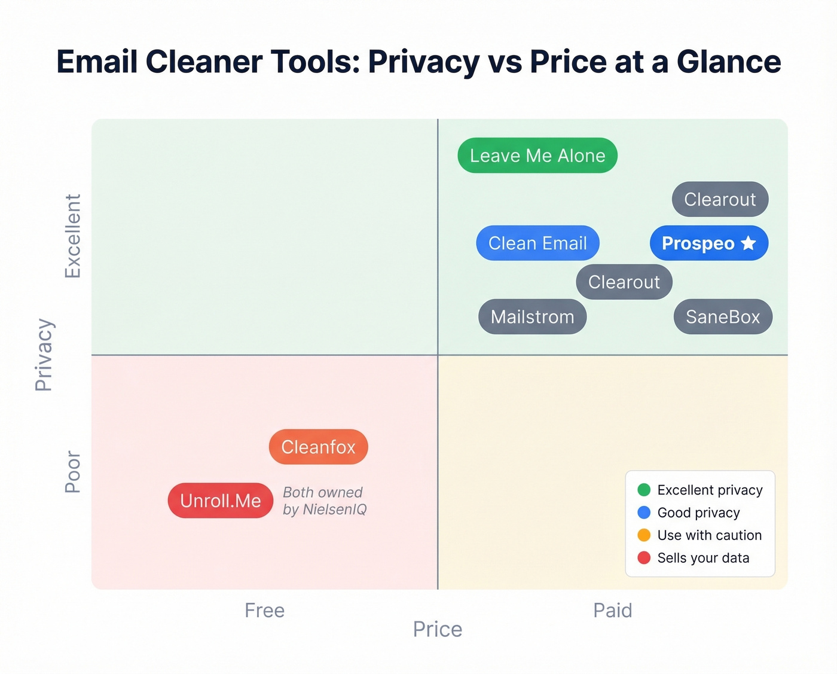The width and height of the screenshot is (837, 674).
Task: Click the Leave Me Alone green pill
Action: tap(537, 155)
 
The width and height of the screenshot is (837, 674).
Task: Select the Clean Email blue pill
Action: tap(537, 243)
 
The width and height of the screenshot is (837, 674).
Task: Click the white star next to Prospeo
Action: tap(748, 243)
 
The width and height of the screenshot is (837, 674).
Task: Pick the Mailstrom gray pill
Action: tap(532, 316)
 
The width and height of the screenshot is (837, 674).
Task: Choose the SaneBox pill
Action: tap(722, 316)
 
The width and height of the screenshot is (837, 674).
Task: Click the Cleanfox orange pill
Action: tap(318, 447)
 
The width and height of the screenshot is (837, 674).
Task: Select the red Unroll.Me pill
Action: tap(220, 501)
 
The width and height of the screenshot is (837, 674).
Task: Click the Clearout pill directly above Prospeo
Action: tap(720, 199)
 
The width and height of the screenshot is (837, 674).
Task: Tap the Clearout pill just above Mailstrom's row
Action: tap(624, 282)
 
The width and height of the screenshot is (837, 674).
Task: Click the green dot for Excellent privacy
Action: tap(644, 490)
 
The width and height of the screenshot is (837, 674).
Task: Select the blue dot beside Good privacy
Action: tap(644, 513)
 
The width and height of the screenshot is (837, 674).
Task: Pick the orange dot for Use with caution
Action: tap(644, 535)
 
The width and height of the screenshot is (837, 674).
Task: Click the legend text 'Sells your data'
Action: tap(703, 558)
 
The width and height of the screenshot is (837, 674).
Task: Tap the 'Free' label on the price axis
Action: tap(264, 610)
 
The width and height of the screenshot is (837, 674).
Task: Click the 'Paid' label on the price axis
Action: tap(612, 610)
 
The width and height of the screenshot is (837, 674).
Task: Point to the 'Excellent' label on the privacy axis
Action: tap(72, 236)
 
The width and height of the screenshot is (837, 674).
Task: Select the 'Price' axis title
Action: tap(437, 629)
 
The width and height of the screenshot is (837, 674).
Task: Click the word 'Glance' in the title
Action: tap(728, 62)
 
